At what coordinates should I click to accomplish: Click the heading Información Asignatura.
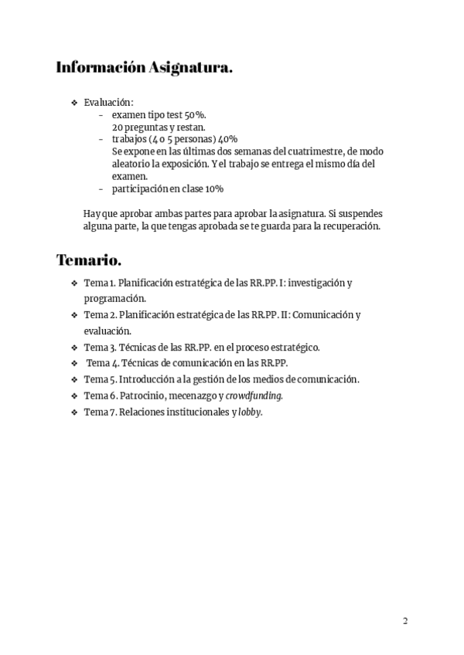144,68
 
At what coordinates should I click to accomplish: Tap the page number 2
405,620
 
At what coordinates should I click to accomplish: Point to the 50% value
196,114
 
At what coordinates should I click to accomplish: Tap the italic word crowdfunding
254,395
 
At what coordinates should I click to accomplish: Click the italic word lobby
250,412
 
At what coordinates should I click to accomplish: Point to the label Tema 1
100,283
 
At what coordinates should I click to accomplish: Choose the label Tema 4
102,363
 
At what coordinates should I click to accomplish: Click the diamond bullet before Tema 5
74,379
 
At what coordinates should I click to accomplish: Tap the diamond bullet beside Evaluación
74,103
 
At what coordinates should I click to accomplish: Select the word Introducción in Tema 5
147,379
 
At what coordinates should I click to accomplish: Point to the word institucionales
193,412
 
